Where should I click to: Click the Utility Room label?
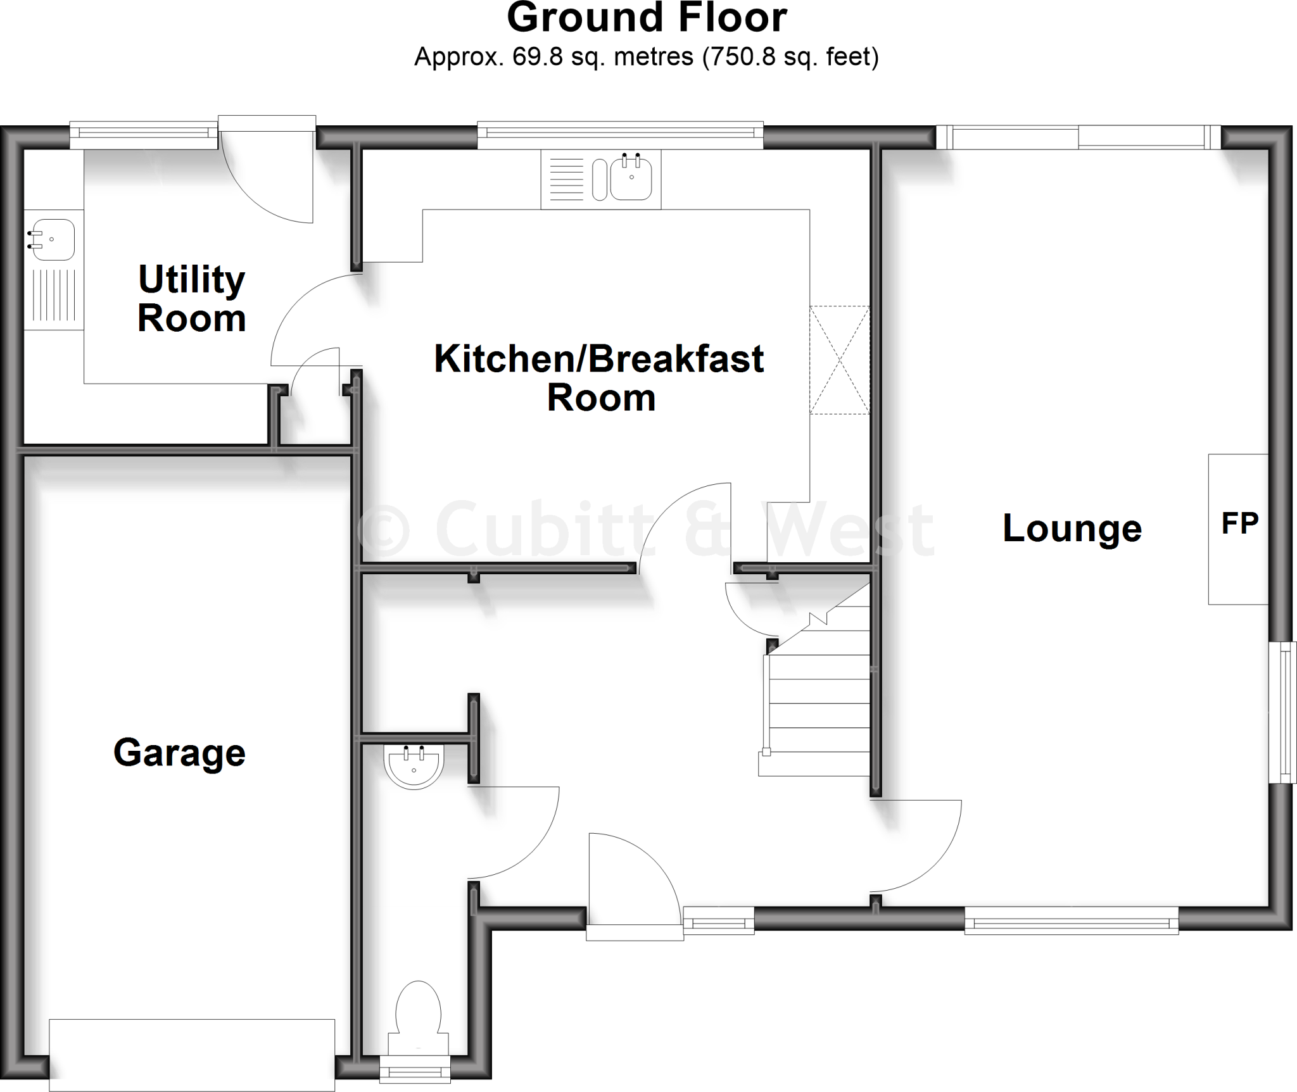pyautogui.click(x=191, y=298)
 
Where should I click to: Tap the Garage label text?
pyautogui.click(x=179, y=753)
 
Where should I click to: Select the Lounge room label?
pyautogui.click(x=1072, y=528)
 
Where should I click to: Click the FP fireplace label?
pyautogui.click(x=1239, y=524)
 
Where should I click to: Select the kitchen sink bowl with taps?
pyautogui.click(x=631, y=179)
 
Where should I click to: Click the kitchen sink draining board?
pyautogui.click(x=566, y=179)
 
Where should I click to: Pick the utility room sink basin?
pyautogui.click(x=53, y=240)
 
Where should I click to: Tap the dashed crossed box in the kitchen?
pyautogui.click(x=839, y=360)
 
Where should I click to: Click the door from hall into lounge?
pyautogui.click(x=918, y=848)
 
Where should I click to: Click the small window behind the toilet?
pyautogui.click(x=415, y=1070)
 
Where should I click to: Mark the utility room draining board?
pyautogui.click(x=53, y=295)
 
